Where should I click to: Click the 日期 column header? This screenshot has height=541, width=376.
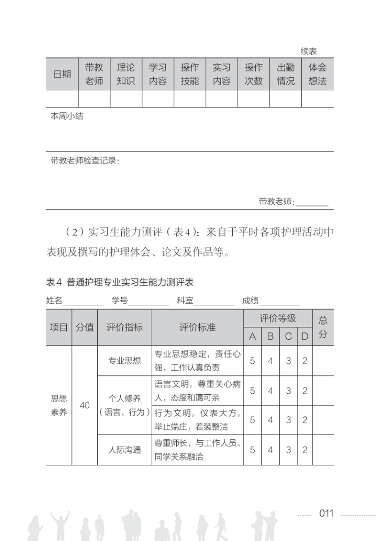point(62,74)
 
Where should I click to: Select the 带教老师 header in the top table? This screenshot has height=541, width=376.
point(94,74)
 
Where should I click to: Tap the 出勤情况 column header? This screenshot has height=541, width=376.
point(285,74)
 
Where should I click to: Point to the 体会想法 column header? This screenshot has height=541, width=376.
point(317,74)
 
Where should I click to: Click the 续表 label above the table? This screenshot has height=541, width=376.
point(309,52)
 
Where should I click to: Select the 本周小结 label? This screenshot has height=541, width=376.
point(67,116)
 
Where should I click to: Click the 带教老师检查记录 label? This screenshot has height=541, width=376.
point(85,161)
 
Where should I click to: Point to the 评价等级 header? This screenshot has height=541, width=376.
point(278,318)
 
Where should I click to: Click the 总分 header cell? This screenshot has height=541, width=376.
point(323,327)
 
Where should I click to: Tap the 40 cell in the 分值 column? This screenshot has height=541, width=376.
point(85,405)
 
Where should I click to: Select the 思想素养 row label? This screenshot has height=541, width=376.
point(59,405)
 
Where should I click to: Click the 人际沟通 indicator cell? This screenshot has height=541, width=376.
point(125,450)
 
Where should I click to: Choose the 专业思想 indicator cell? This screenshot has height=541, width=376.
point(125,361)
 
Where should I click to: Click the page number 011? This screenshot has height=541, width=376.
point(326,513)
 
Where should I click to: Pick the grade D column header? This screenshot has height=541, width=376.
point(305,336)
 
